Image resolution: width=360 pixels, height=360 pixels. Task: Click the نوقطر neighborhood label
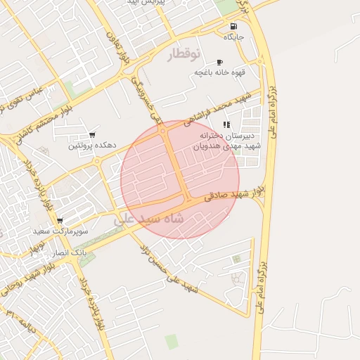(184, 54)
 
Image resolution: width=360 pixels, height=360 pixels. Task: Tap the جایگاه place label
(233, 36)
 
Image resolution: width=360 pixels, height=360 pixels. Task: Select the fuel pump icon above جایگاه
(233, 26)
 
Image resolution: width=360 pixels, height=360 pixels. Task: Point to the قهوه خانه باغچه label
(219, 72)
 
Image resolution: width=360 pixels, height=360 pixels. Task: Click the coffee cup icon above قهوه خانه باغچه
(219, 62)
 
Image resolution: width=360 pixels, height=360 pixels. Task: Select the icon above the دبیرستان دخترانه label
(226, 125)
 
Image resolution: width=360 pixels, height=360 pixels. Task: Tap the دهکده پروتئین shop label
(92, 146)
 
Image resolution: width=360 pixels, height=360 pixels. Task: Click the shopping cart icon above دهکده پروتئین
(92, 135)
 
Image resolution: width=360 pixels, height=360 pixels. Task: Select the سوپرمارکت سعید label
(60, 231)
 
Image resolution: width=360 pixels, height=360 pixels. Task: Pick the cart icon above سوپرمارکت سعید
(60, 220)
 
